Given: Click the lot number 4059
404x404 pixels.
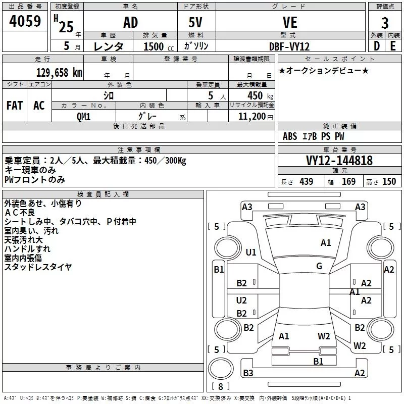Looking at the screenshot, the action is pyautogui.click(x=25, y=21).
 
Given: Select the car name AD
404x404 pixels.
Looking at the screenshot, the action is pyautogui.click(x=131, y=22).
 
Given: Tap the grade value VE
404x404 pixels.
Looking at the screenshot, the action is pyautogui.click(x=290, y=22).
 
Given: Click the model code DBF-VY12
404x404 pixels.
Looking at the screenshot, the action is pyautogui.click(x=289, y=46).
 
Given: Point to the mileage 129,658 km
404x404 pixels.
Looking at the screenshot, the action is pyautogui.click(x=59, y=73).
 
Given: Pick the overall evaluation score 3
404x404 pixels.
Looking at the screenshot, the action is pyautogui.click(x=385, y=23).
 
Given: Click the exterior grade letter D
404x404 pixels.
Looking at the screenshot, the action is pyautogui.click(x=377, y=46).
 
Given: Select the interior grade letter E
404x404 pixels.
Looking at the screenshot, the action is pyautogui.click(x=393, y=46).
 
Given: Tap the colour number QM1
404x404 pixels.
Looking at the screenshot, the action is pyautogui.click(x=83, y=117).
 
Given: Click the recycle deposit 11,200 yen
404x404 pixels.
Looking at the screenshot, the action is pyautogui.click(x=256, y=117).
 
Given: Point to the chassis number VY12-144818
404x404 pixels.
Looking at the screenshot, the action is pyautogui.click(x=339, y=161).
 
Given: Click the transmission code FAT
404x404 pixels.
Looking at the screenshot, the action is pyautogui.click(x=15, y=106).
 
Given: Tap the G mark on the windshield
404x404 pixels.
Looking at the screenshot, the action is pyautogui.click(x=319, y=266).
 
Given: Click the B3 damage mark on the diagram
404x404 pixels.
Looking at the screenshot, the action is pyautogui.click(x=248, y=373).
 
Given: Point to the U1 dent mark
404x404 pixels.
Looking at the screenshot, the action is pyautogui.click(x=251, y=252).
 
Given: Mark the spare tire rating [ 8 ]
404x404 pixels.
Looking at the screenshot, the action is pyautogui.click(x=221, y=386).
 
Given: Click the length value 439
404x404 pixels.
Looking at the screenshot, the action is pyautogui.click(x=307, y=182).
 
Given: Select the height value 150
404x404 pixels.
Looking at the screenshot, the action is pyautogui.click(x=389, y=182).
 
